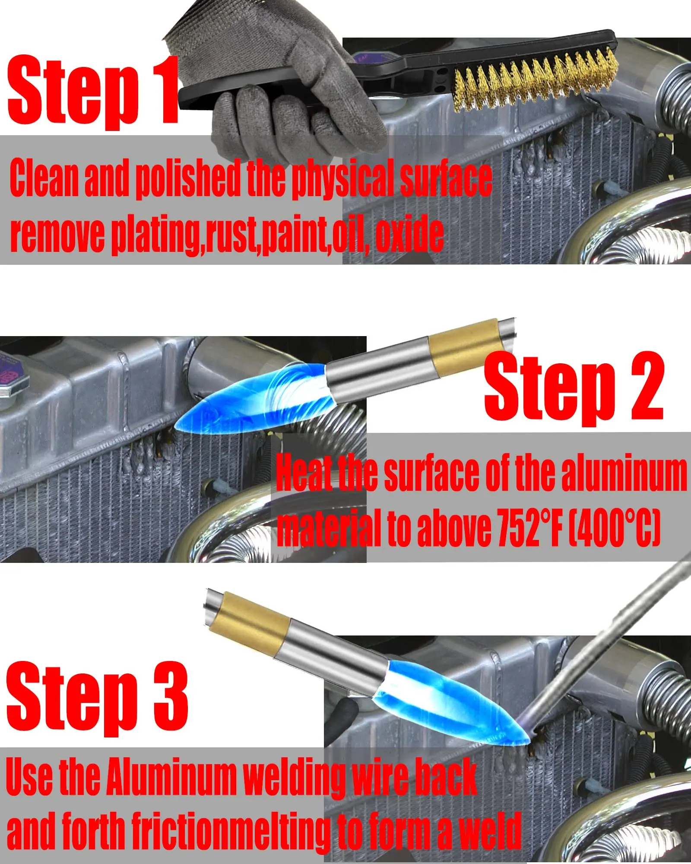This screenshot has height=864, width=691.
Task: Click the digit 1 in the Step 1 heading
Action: pyautogui.click(x=166, y=91)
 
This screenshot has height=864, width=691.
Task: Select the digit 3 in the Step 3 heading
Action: pyautogui.click(x=171, y=696)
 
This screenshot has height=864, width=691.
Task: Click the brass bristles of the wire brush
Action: pyautogui.click(x=536, y=82)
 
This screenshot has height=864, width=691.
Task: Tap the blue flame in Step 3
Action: pyautogui.click(x=453, y=704)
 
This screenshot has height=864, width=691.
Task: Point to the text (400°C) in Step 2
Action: pyautogui.click(x=613, y=527)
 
